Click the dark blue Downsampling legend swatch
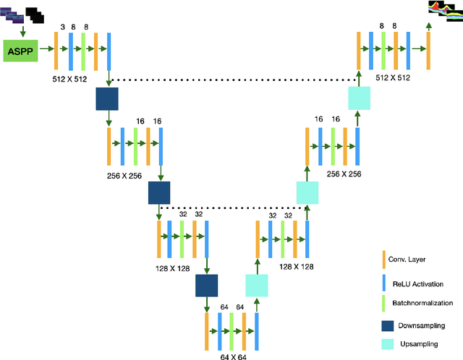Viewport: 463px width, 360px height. (x=391, y=325)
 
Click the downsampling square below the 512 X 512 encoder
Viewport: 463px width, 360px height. (x=106, y=98)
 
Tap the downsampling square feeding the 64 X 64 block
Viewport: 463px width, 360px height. (x=206, y=286)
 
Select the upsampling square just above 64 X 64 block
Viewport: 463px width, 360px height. (x=256, y=286)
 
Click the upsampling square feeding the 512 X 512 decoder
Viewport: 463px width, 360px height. (x=359, y=98)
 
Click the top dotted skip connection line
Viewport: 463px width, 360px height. (x=231, y=80)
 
